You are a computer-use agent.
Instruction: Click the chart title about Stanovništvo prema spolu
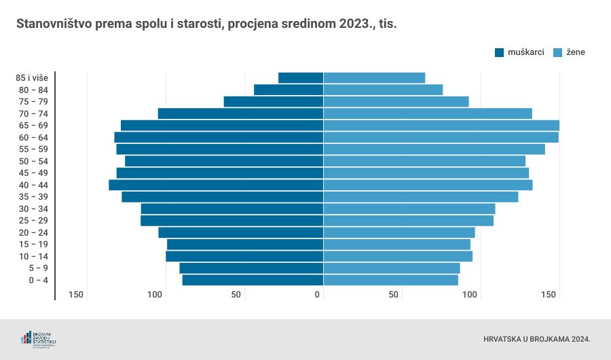click(206, 24)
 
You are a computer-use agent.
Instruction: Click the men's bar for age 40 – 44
click(216, 185)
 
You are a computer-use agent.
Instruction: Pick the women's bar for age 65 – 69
click(441, 125)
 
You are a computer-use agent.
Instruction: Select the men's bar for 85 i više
click(301, 77)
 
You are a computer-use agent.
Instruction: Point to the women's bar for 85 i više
click(374, 77)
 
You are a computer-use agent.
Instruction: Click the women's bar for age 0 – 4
click(390, 280)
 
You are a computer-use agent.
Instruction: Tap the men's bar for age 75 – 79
click(274, 101)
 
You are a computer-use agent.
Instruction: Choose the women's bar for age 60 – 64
click(441, 137)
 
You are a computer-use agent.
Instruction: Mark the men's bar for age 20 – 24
click(240, 232)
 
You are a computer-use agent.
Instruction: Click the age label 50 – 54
click(33, 161)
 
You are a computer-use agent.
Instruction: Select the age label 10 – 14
click(33, 256)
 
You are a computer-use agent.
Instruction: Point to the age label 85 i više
click(32, 77)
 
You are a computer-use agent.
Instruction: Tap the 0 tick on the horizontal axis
click(317, 295)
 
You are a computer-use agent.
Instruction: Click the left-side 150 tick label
click(76, 295)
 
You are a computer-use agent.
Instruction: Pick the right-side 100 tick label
click(470, 295)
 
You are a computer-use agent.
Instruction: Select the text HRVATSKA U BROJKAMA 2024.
click(537, 338)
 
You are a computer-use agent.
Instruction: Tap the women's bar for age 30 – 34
click(409, 209)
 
